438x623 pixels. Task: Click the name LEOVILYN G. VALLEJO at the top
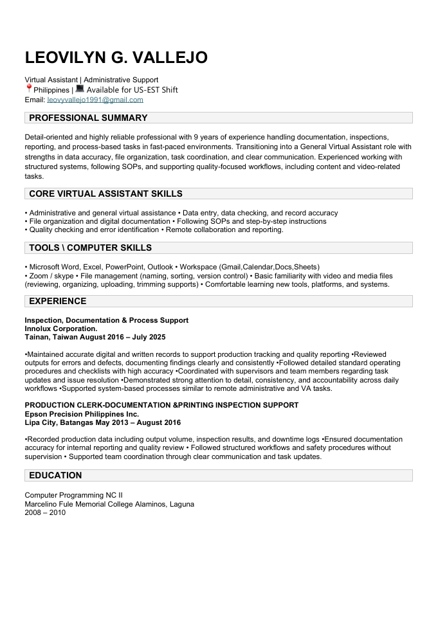116,58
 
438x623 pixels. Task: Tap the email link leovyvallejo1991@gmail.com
95,100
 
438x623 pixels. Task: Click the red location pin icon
29,89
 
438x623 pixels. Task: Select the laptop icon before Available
80,89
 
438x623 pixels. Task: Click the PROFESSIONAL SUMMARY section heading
88,118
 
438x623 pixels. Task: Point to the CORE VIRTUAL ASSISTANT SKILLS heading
105,194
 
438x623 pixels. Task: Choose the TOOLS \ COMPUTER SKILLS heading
90,248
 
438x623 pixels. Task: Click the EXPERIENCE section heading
57,301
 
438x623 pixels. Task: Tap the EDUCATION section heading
55,475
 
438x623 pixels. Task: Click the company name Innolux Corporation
61,329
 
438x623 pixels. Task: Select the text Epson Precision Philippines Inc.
82,414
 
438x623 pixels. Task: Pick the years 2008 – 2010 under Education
45,512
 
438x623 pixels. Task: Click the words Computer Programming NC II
73,496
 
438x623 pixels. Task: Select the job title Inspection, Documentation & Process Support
106,320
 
